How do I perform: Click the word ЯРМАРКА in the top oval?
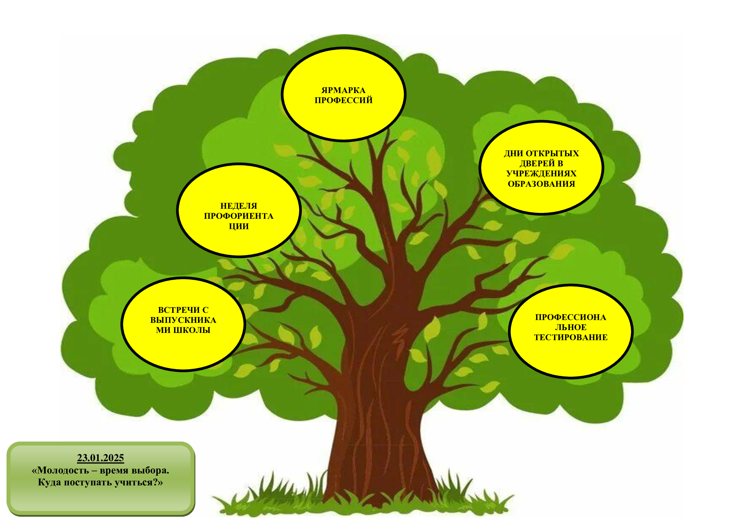coord(343,90)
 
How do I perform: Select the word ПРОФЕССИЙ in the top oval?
coord(343,100)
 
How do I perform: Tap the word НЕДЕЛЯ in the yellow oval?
coord(239,206)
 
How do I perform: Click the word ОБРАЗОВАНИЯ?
coord(541,184)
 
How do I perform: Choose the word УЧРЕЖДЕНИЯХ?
coord(541,174)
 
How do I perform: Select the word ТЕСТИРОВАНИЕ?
coord(571,337)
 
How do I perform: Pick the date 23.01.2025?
coord(101,458)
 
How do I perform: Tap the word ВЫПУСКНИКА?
coord(183,320)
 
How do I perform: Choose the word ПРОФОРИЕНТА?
coord(239,216)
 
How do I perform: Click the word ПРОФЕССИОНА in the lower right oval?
coord(571,317)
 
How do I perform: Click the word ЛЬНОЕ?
coord(571,327)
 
